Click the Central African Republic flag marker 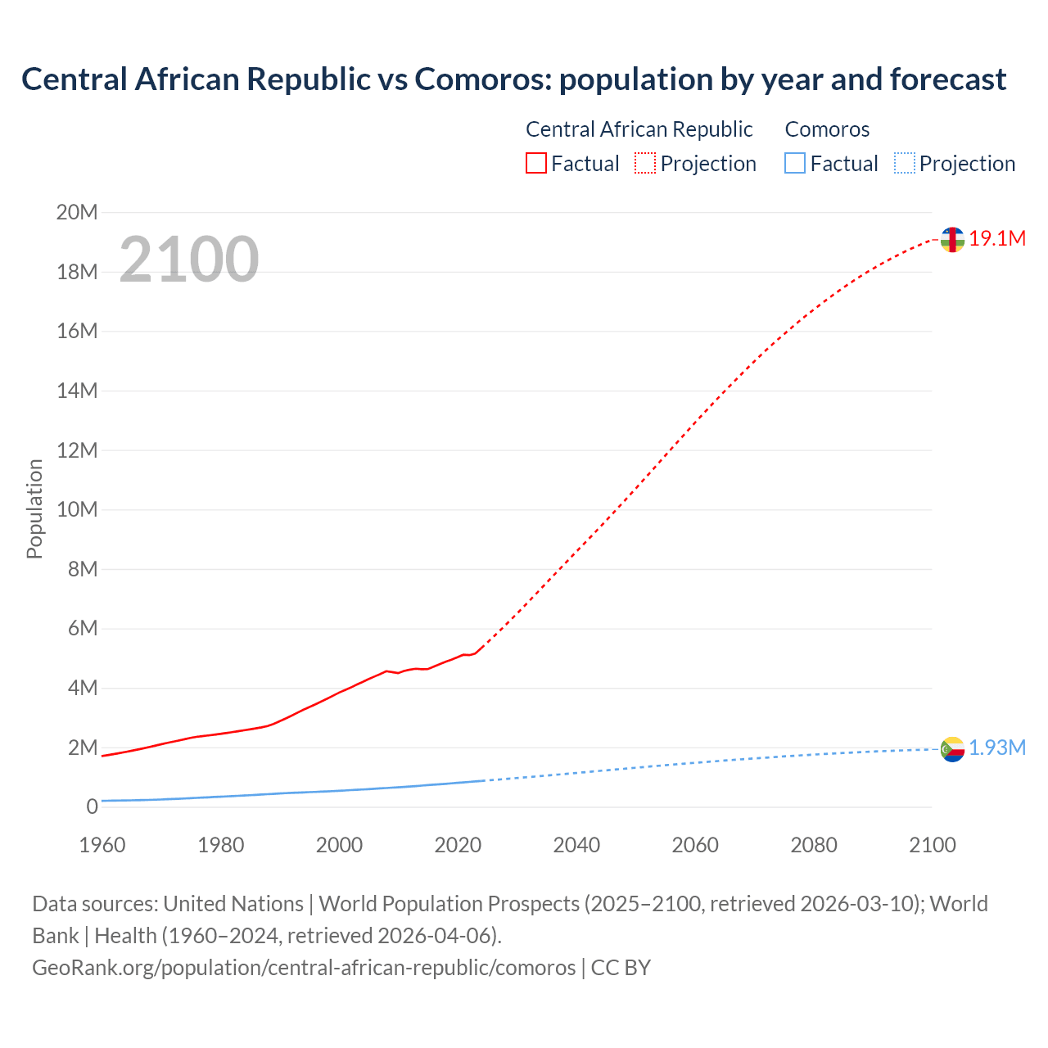(952, 240)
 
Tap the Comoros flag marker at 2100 (952, 748)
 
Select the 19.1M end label (997, 239)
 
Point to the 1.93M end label (997, 748)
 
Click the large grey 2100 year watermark (189, 260)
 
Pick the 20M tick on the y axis (77, 213)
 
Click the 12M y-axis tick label (77, 450)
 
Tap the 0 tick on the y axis (92, 807)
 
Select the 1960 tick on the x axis (102, 845)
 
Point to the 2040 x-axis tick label (576, 845)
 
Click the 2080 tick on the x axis (814, 845)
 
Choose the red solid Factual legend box (536, 164)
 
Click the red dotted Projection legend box (645, 164)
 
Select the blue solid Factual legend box (795, 164)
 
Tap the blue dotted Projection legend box (905, 164)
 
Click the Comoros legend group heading (827, 129)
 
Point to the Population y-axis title (34, 509)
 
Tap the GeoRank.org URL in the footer (304, 968)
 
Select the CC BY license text (621, 968)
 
